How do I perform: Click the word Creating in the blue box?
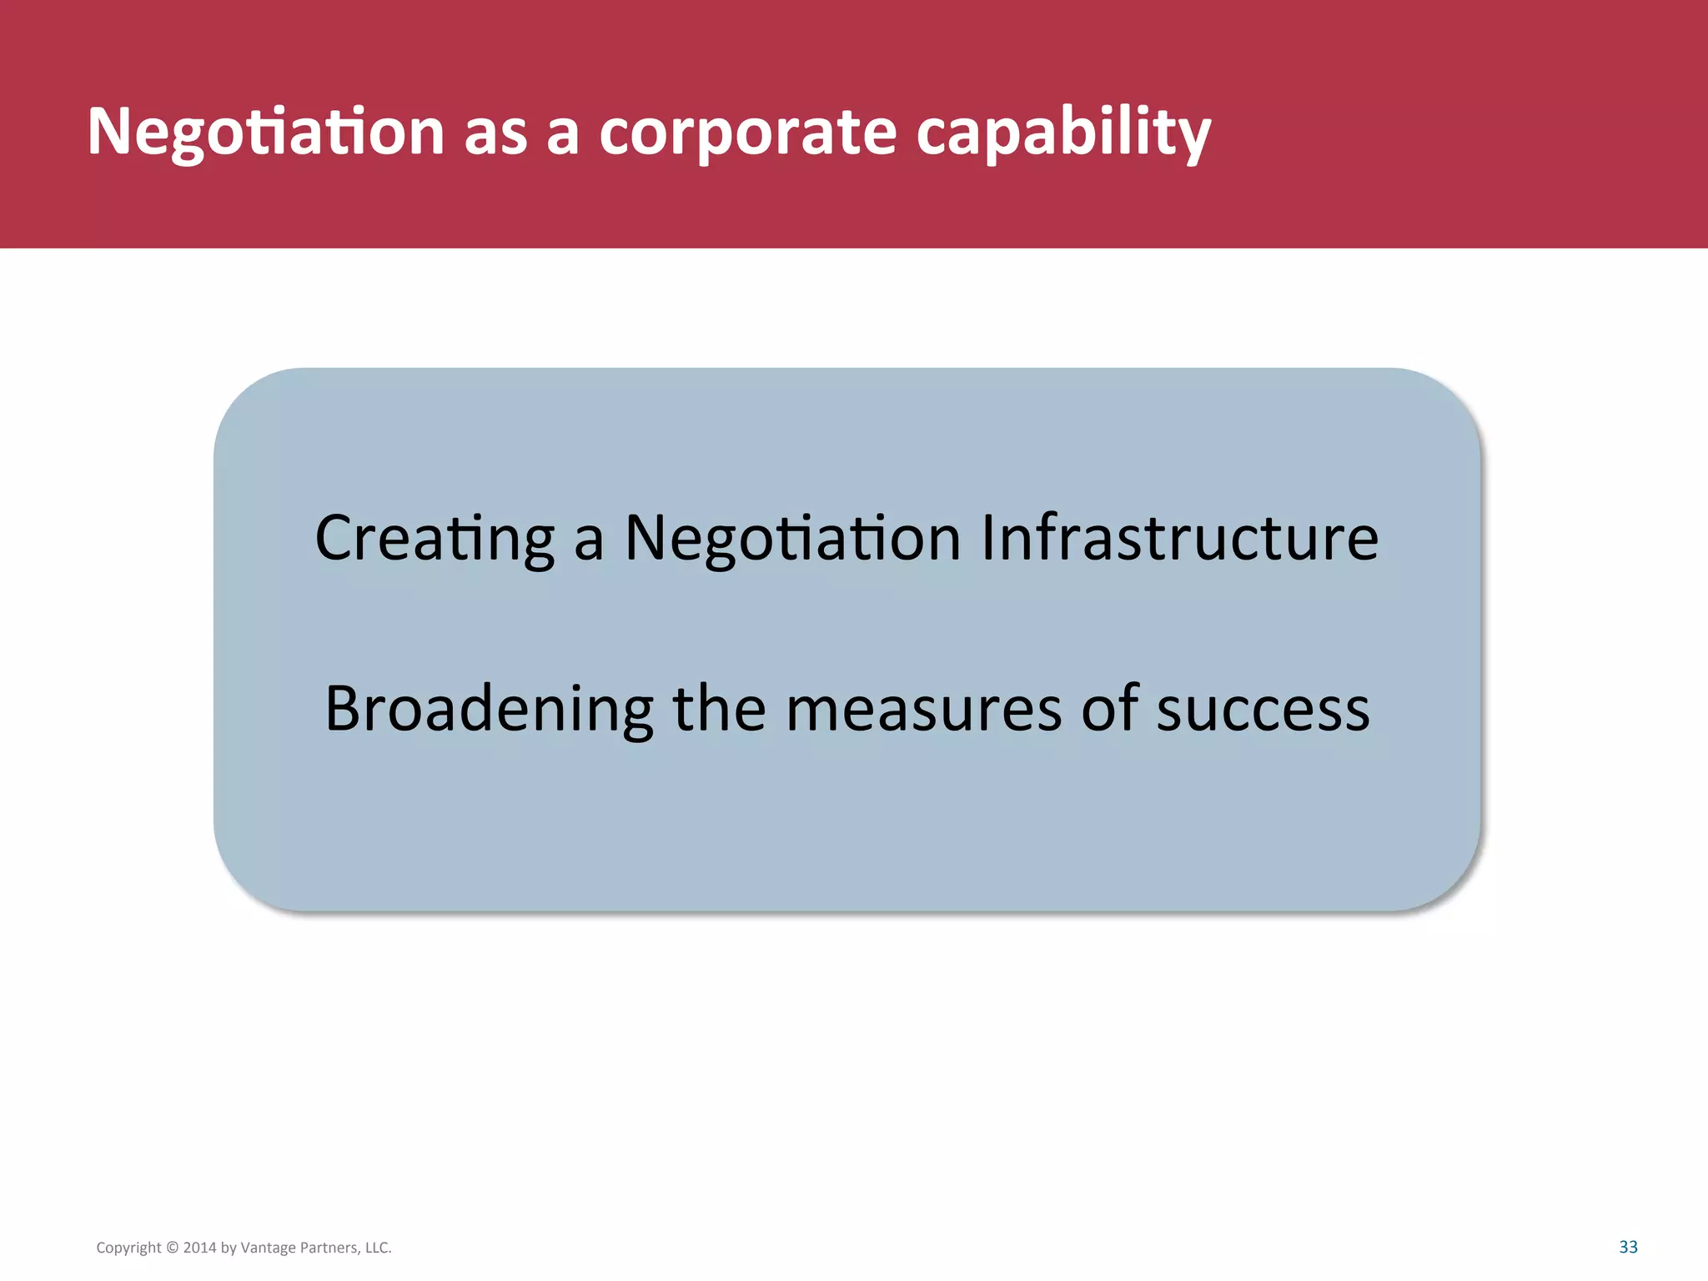coord(435,539)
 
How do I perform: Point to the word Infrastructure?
coord(1179,539)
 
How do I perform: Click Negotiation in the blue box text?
coord(792,539)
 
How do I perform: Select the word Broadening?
coord(489,709)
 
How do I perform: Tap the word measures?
coord(923,709)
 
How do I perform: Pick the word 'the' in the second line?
coord(719,709)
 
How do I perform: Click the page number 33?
coord(1628,1247)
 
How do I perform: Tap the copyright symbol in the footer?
coord(173,1248)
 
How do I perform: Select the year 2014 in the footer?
coord(199,1248)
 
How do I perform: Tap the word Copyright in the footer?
coord(128,1248)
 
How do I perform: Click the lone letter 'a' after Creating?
coord(589,539)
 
